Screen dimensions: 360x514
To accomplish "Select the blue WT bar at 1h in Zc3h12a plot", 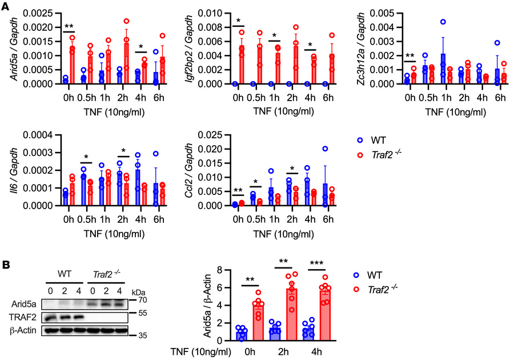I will (x=443, y=69).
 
